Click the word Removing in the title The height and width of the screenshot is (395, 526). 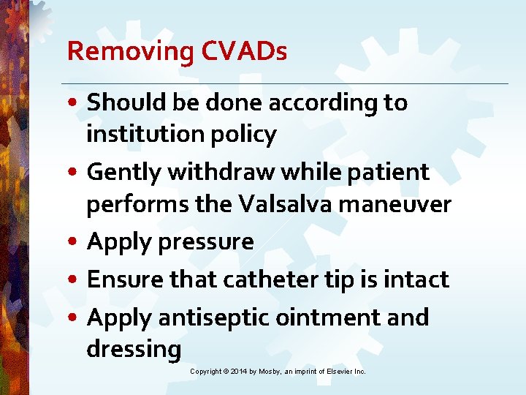pos(128,51)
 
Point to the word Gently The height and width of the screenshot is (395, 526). pos(123,173)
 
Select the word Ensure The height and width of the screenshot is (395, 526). pos(125,279)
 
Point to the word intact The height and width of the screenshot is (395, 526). pos(416,279)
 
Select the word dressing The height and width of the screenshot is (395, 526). pos(134,349)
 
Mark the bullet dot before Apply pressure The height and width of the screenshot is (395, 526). pos(76,242)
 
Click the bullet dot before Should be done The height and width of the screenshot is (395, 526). pos(76,103)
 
